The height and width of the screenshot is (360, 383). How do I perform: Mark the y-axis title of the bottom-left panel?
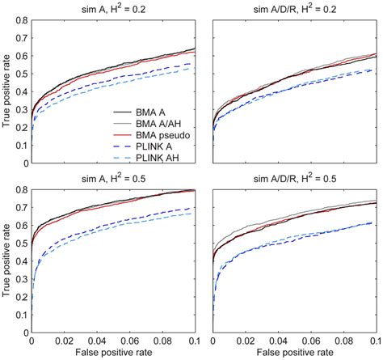pos(7,261)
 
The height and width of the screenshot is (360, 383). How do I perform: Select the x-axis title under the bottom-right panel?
pos(293,354)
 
